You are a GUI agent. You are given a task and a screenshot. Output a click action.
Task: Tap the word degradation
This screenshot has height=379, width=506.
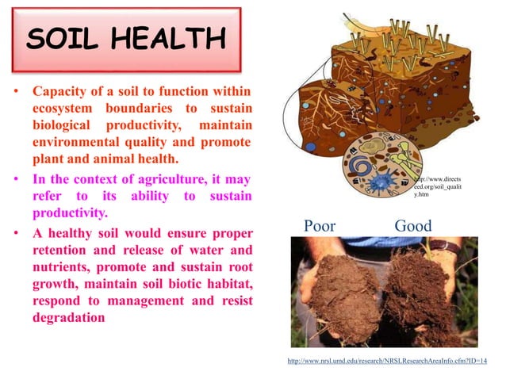pos(69,316)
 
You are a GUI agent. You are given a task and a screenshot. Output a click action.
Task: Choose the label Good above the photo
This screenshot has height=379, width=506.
pos(413,227)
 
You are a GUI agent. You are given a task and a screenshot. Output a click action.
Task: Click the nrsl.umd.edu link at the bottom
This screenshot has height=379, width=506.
pos(386,361)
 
